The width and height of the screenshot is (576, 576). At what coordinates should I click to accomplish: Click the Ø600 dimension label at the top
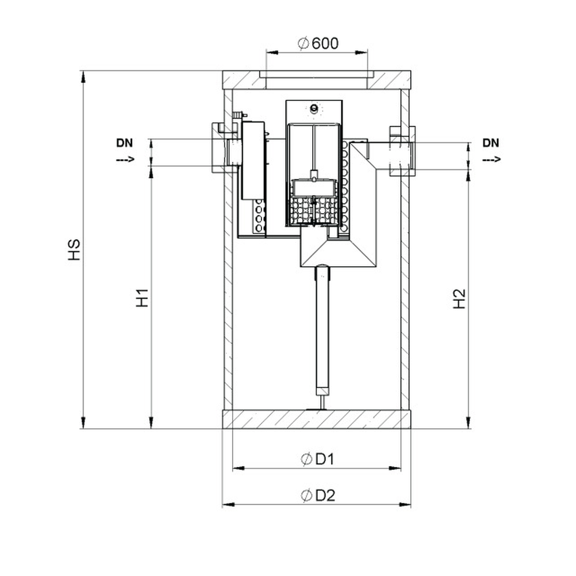318,43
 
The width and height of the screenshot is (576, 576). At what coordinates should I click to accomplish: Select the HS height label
74,250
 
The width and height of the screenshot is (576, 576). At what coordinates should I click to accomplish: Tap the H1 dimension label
142,298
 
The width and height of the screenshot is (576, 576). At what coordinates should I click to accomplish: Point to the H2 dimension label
459,298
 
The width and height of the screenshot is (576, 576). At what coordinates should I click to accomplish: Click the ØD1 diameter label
317,459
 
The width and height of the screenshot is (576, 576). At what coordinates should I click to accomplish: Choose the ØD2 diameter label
318,495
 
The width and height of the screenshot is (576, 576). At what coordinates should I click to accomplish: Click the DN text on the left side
124,143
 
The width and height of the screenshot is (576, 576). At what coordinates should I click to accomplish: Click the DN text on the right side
491,143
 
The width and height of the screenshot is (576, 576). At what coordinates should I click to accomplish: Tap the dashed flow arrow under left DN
126,160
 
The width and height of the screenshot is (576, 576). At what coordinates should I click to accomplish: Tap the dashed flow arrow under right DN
491,160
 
